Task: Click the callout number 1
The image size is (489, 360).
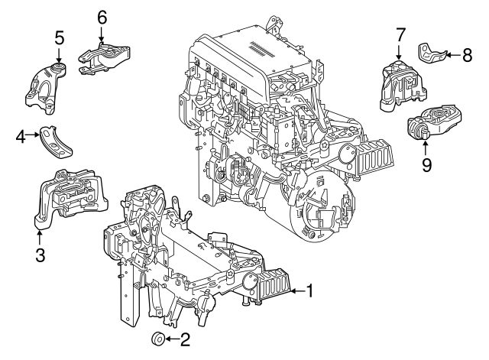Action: tap(309, 290)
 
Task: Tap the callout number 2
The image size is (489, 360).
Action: tap(185, 339)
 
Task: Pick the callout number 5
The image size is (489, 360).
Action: tap(59, 37)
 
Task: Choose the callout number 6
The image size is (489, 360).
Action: tap(102, 16)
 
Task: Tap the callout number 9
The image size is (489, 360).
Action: tap(427, 164)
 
